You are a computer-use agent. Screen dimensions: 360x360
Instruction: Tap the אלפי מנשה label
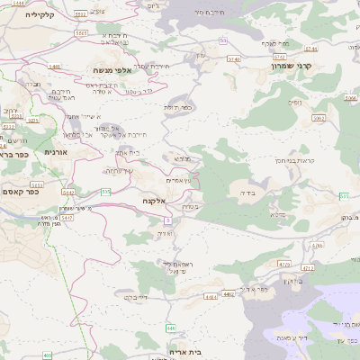(x=113, y=69)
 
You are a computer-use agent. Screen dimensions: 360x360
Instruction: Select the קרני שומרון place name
(x=295, y=66)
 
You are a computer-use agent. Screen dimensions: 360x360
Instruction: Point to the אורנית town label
(x=56, y=152)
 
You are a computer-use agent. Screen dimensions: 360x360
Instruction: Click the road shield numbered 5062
(x=318, y=117)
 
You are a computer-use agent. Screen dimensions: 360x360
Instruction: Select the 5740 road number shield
(x=234, y=58)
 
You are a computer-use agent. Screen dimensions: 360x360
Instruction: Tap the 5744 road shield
(x=310, y=49)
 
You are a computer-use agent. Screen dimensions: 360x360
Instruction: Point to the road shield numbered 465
(x=47, y=355)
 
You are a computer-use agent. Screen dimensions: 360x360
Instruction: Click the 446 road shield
(x=171, y=328)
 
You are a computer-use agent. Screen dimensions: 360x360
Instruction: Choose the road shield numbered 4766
(x=317, y=245)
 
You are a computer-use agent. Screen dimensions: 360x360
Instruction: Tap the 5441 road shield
(x=54, y=67)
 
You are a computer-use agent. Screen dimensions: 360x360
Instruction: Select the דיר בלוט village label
(x=130, y=295)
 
